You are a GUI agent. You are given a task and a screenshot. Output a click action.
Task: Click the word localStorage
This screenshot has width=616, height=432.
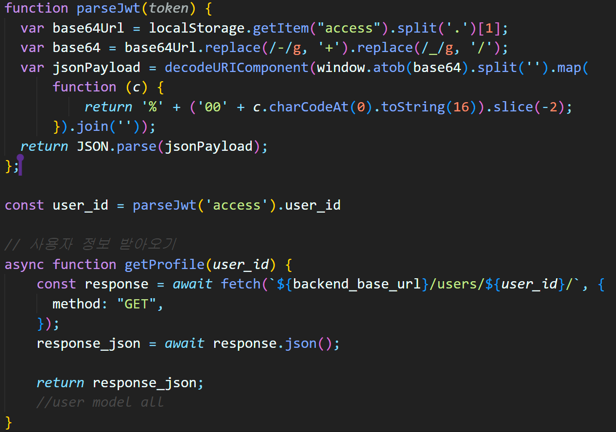tap(197, 28)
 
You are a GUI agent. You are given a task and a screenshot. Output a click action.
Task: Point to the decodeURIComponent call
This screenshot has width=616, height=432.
tap(236, 68)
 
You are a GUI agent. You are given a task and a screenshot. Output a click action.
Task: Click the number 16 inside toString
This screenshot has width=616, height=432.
tap(461, 107)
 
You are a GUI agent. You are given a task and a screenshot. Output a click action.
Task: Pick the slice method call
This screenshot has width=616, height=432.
tap(513, 107)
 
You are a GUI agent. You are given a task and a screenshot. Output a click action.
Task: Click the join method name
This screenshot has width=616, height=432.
tap(92, 127)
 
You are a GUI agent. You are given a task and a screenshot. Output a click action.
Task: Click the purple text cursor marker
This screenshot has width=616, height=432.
tap(20, 164)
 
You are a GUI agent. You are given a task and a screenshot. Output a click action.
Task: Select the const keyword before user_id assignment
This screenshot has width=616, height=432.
tap(24, 205)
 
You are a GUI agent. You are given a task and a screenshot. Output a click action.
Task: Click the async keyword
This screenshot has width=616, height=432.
tap(24, 265)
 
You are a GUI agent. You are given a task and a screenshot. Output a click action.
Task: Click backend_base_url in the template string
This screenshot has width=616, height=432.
tap(357, 284)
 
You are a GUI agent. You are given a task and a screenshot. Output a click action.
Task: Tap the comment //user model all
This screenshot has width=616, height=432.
tap(100, 402)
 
